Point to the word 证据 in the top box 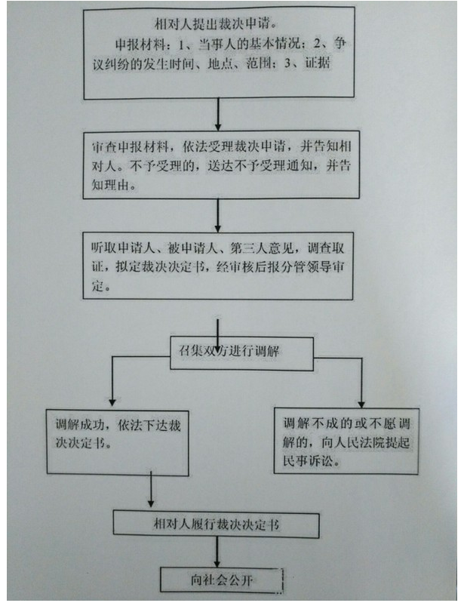318,63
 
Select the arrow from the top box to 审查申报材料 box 218,114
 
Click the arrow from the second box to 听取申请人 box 218,216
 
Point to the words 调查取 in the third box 326,248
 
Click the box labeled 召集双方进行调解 242,354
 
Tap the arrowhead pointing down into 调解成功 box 112,402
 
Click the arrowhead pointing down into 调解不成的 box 361,404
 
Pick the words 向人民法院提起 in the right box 365,442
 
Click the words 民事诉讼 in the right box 307,460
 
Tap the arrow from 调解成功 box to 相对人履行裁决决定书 151,490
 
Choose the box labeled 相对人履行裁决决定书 217,524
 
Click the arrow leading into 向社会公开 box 217,552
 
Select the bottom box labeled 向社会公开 222,580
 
